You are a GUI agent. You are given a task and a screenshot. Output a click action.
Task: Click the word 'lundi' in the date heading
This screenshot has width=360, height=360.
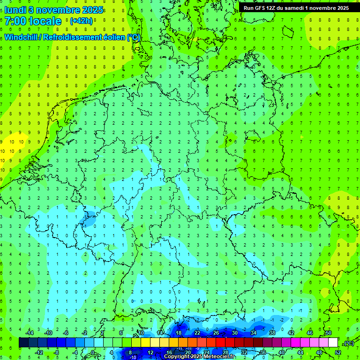click(x=15, y=10)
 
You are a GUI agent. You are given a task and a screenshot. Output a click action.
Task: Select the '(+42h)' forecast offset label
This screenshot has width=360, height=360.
click(x=81, y=21)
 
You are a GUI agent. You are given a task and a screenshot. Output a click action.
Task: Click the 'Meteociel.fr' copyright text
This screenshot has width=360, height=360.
click(x=215, y=357)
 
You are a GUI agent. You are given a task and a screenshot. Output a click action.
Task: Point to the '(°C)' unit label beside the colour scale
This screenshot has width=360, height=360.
click(x=349, y=343)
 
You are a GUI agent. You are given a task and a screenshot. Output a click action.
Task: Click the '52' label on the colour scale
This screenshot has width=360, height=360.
click(x=338, y=352)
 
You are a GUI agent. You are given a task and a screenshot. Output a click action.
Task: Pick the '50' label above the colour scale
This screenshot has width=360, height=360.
click(x=328, y=333)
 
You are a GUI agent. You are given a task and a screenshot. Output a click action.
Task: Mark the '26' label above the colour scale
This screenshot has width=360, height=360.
click(x=216, y=333)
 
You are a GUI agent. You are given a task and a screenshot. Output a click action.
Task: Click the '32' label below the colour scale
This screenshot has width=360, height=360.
click(x=244, y=352)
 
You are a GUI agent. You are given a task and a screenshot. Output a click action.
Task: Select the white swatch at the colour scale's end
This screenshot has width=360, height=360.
click(x=333, y=343)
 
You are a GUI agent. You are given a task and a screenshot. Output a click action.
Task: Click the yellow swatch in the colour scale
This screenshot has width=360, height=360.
click(x=164, y=343)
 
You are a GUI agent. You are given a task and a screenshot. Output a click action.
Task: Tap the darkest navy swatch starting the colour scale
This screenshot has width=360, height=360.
click(x=24, y=343)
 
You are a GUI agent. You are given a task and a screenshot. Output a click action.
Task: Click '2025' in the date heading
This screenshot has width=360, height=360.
click(x=91, y=10)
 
